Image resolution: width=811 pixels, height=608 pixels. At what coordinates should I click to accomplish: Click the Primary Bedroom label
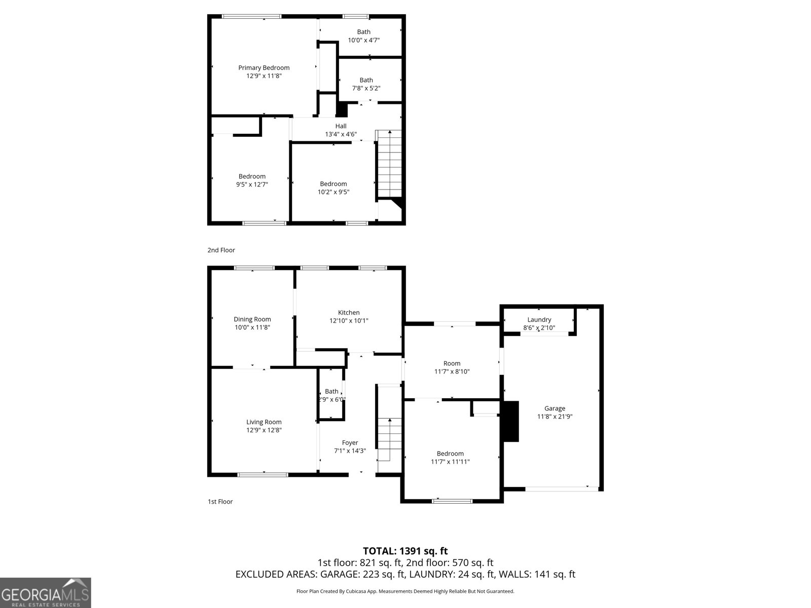coord(264,68)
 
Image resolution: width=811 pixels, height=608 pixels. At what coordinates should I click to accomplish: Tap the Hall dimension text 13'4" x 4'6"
coord(341,135)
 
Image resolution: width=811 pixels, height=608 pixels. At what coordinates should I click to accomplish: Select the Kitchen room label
coord(349,313)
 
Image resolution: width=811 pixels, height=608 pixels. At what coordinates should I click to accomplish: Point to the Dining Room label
coord(252,319)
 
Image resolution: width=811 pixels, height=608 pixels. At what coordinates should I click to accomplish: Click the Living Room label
coord(264,422)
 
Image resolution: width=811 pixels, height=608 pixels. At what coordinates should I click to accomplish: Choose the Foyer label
coord(350,443)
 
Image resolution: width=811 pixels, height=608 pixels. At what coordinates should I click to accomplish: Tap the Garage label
coord(555,408)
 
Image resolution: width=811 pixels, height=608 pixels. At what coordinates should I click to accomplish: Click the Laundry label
coord(539,320)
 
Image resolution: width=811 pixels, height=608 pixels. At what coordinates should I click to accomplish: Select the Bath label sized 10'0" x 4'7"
coord(363,32)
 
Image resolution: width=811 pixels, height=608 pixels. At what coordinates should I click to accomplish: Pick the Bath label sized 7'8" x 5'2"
coord(366,80)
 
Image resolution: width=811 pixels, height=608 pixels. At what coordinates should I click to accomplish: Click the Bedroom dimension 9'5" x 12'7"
coord(252,185)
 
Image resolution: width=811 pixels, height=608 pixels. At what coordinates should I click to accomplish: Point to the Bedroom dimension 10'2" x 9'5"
coord(333,192)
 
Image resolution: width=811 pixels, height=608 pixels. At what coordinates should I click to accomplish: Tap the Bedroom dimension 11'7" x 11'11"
coord(450,462)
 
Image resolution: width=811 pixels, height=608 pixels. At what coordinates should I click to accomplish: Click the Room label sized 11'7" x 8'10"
coord(452,363)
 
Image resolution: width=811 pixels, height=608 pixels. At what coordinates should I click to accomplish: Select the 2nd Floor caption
coord(221,250)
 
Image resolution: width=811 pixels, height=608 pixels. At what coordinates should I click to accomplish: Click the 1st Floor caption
coord(220,502)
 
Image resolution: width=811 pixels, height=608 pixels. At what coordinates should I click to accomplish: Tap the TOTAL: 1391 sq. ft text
coord(405,551)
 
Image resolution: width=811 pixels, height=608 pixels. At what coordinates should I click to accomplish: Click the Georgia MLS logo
coord(45,593)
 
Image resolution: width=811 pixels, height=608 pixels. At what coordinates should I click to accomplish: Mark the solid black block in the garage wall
coord(510,422)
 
